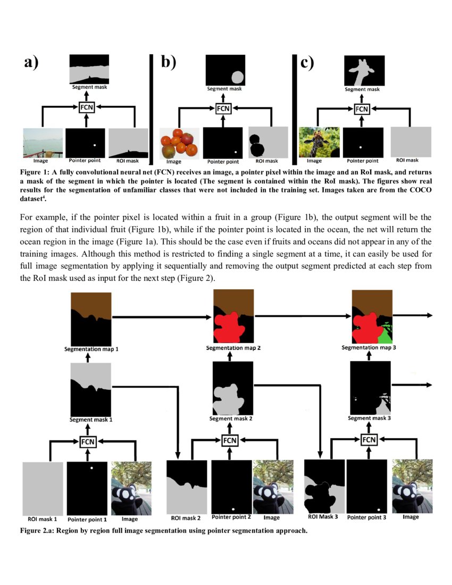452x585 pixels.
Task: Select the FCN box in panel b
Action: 223,109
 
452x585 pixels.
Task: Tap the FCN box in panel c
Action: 362,109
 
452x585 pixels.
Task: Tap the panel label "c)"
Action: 307,63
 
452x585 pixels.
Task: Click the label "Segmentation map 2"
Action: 233,348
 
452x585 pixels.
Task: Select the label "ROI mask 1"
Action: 42,519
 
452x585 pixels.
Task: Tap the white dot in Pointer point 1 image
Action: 91,468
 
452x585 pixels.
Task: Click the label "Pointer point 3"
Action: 366,517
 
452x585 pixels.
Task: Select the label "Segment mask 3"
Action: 370,418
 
